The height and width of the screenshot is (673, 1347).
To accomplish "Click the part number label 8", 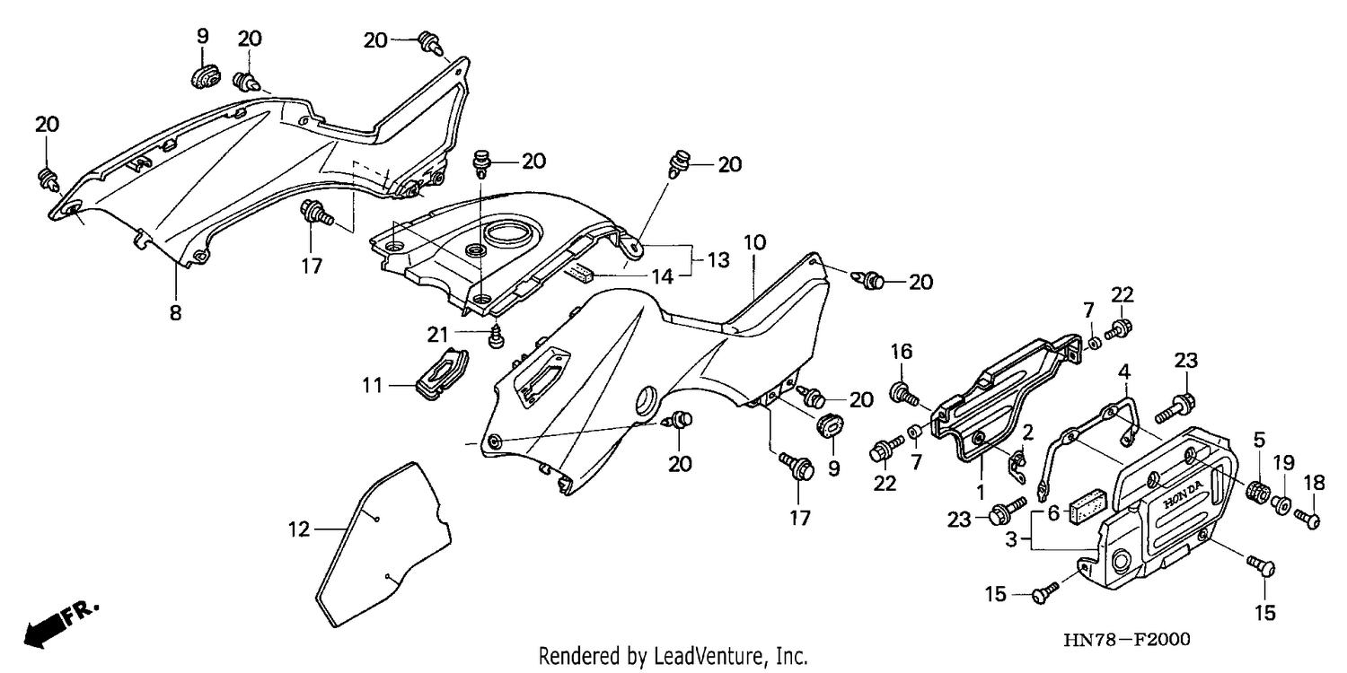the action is point(175,313).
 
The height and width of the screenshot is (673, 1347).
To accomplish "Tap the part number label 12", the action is point(299,529).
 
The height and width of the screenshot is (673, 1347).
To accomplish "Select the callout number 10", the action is point(754,243).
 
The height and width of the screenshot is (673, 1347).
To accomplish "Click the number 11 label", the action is point(373,385).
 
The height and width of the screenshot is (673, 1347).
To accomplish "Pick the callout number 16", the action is point(902,352).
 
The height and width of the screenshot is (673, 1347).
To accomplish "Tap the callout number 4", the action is point(1124,372).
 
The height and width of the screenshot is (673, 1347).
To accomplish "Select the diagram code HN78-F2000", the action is point(1127,639).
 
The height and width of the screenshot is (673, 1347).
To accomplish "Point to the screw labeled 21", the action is point(496,336).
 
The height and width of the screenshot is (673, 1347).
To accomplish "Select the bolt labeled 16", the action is point(903,393).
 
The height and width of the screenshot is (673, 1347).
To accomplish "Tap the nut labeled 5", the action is point(1258,492).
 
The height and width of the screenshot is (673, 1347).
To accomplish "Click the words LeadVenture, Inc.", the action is point(730,656).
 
